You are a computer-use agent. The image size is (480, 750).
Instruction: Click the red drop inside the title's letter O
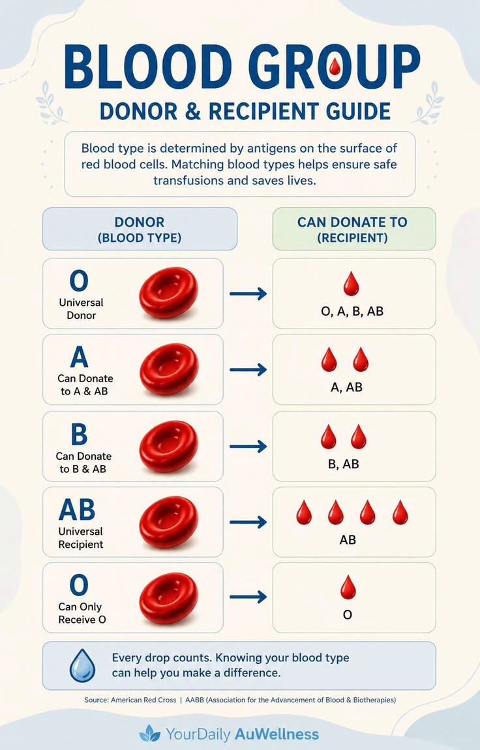click(x=335, y=67)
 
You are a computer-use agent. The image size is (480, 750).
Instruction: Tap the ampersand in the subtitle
click(x=192, y=111)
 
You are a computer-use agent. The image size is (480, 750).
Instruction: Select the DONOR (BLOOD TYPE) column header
click(x=140, y=229)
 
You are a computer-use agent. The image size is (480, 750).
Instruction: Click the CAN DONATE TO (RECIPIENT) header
click(x=353, y=229)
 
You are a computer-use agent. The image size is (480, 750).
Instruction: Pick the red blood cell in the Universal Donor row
click(x=169, y=293)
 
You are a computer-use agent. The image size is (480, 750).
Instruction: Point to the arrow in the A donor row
click(x=248, y=370)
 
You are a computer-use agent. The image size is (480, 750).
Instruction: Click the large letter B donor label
click(x=80, y=434)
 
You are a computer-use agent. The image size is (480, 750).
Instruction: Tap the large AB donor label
click(x=77, y=509)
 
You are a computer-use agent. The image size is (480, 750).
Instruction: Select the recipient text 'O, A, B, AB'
click(x=352, y=311)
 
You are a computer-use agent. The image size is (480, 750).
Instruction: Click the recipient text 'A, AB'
click(x=346, y=387)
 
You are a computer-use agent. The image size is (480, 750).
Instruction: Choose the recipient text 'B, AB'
click(x=343, y=464)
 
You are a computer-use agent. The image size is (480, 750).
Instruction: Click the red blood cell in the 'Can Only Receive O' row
click(x=169, y=598)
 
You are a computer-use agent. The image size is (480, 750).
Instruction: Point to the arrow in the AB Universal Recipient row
click(x=248, y=522)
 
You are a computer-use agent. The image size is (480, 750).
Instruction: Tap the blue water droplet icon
click(x=82, y=665)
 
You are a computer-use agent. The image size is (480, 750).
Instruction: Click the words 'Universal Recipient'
click(x=81, y=537)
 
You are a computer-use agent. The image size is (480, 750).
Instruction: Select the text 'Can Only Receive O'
click(x=82, y=613)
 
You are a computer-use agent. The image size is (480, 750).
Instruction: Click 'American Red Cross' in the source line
click(x=143, y=700)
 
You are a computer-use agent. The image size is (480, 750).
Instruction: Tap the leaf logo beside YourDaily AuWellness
click(x=149, y=733)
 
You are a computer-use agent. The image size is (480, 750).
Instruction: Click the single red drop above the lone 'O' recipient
click(x=348, y=588)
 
